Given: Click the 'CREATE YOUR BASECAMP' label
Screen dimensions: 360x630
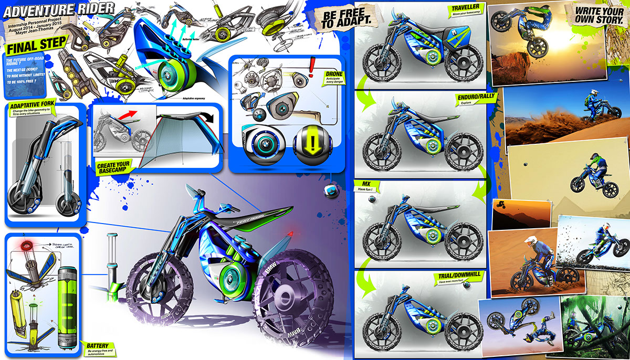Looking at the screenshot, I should (113, 167).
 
